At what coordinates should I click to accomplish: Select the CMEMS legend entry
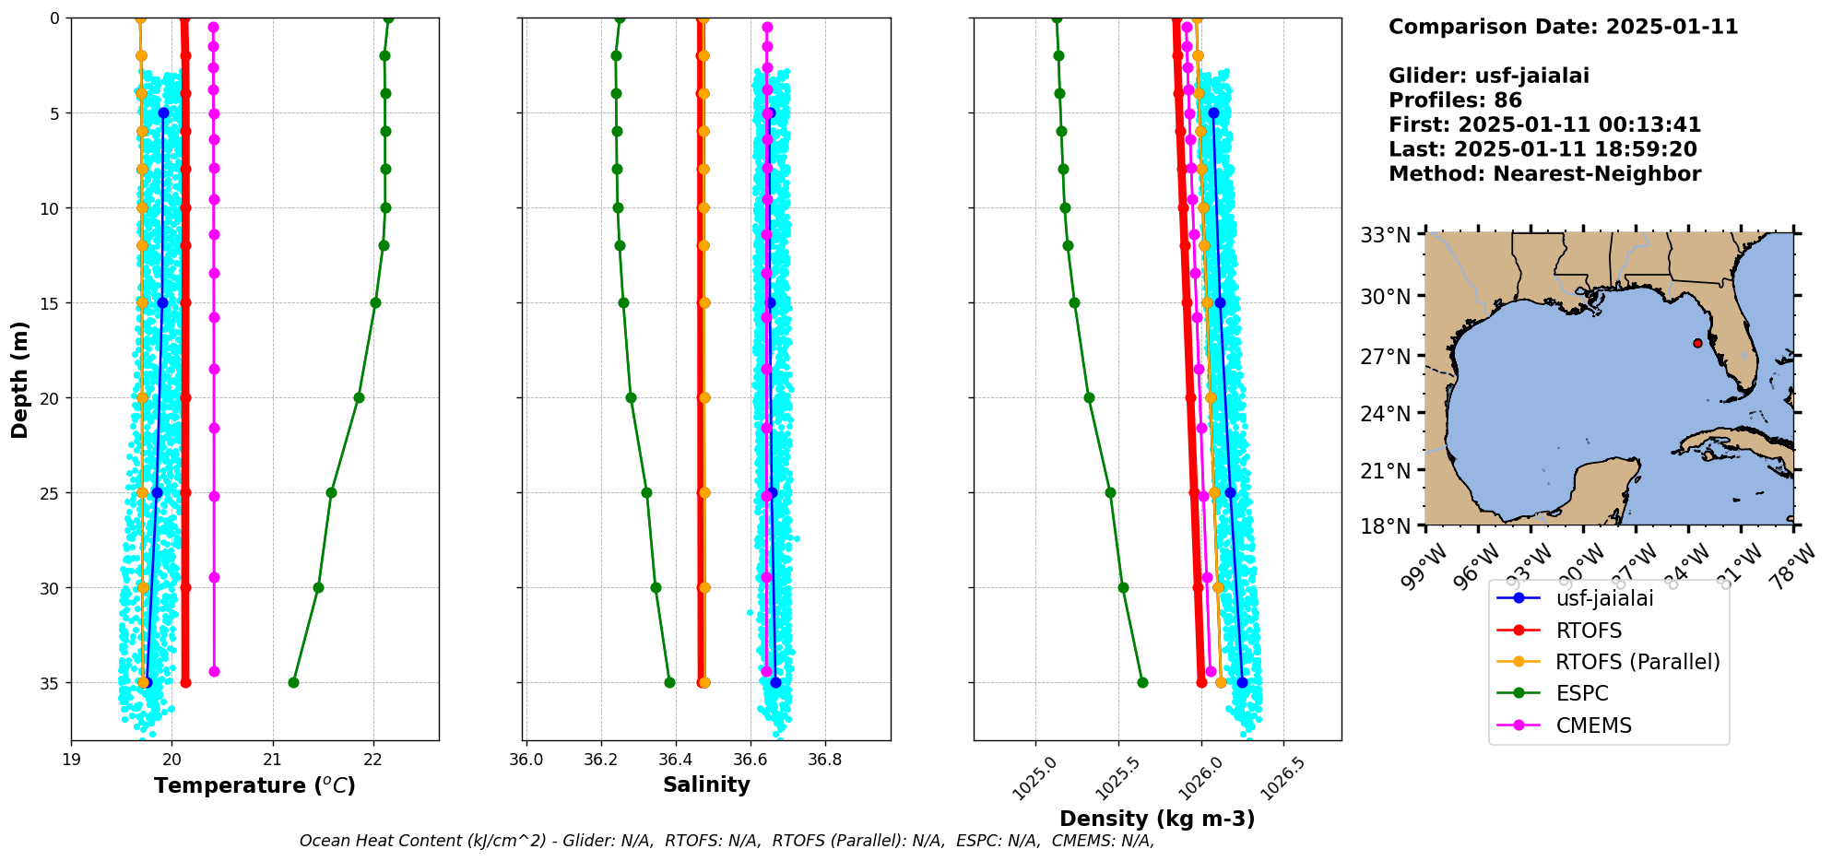tap(1593, 725)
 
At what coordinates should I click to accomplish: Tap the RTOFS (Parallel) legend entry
tap(1637, 662)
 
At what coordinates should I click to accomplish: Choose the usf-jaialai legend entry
tap(1604, 598)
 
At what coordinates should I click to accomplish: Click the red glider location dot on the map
tap(1697, 343)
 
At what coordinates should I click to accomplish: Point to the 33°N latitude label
tap(1386, 235)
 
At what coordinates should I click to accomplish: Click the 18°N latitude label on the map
tap(1386, 526)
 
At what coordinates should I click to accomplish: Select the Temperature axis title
tap(254, 785)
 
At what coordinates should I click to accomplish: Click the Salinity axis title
tap(706, 784)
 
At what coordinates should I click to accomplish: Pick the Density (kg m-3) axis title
tap(1157, 819)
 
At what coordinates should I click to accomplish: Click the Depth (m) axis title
tap(20, 380)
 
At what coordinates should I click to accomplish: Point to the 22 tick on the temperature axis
tap(372, 760)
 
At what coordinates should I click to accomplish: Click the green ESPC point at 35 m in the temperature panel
tap(293, 682)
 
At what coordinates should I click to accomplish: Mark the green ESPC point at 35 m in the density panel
tap(1142, 682)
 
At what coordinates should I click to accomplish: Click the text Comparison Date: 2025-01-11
tap(1563, 27)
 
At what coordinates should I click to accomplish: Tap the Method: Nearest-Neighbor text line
tap(1544, 173)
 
